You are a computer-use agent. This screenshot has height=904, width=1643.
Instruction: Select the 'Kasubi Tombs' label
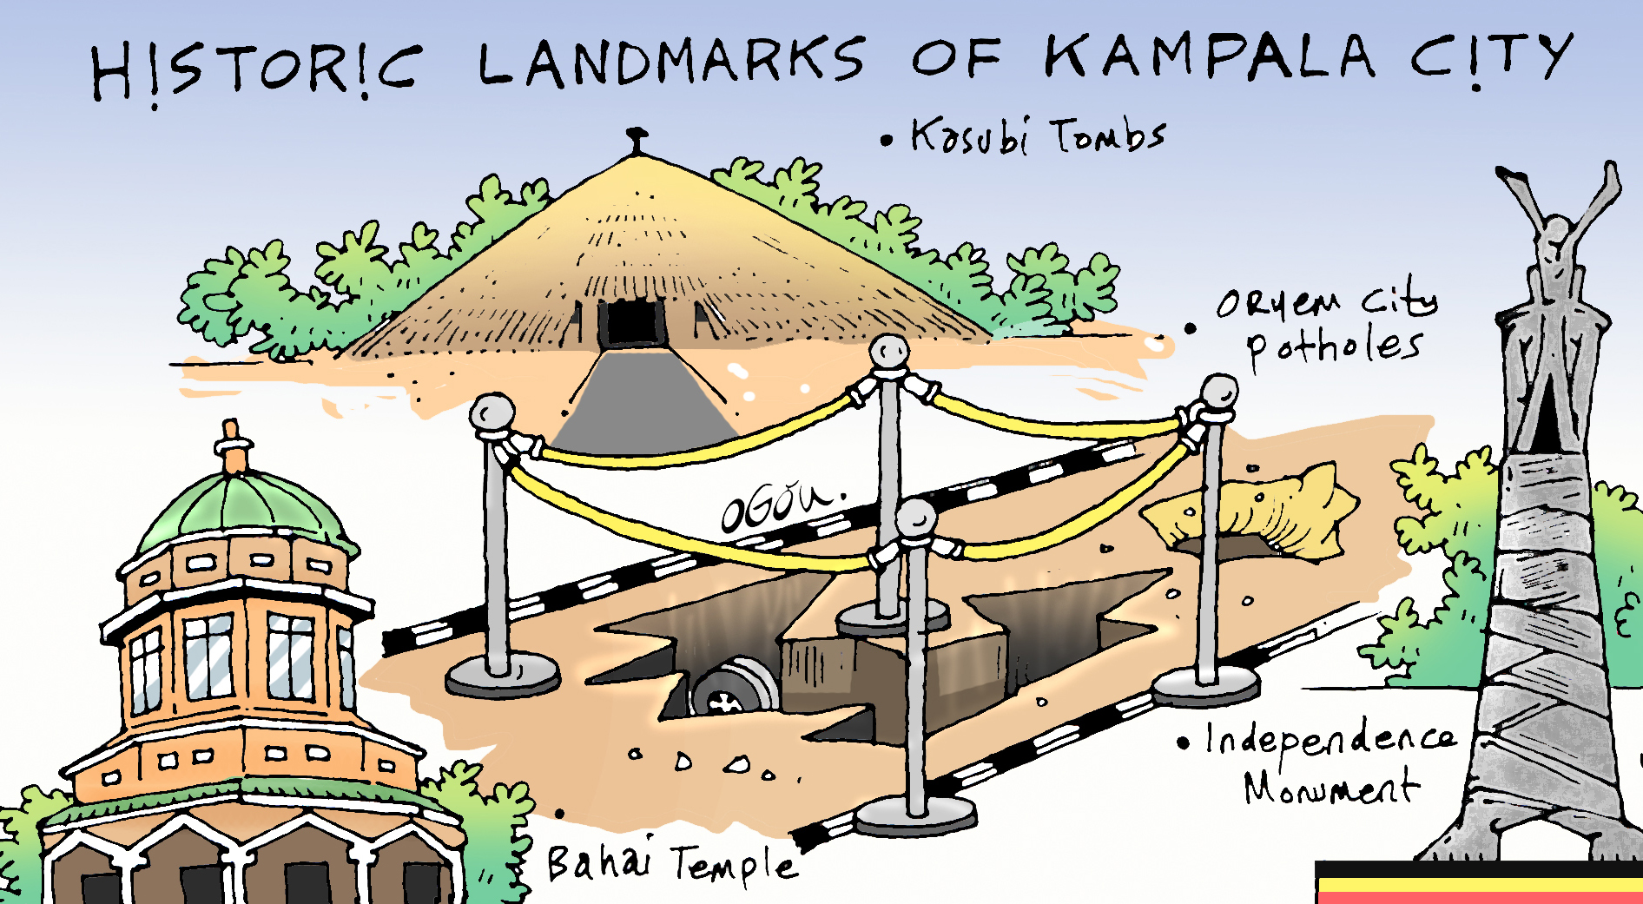1038,136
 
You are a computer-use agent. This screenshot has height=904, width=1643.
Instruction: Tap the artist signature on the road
779,506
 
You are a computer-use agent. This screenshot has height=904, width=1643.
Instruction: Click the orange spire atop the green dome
232,447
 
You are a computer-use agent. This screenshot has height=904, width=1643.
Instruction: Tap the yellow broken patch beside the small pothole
1259,512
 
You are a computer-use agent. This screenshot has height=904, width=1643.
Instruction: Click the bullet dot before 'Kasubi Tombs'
886,140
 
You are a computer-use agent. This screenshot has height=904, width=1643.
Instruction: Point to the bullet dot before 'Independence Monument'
1183,743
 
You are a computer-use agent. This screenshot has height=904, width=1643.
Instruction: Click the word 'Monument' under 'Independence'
1330,789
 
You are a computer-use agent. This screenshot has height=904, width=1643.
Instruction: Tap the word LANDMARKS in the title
671,63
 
